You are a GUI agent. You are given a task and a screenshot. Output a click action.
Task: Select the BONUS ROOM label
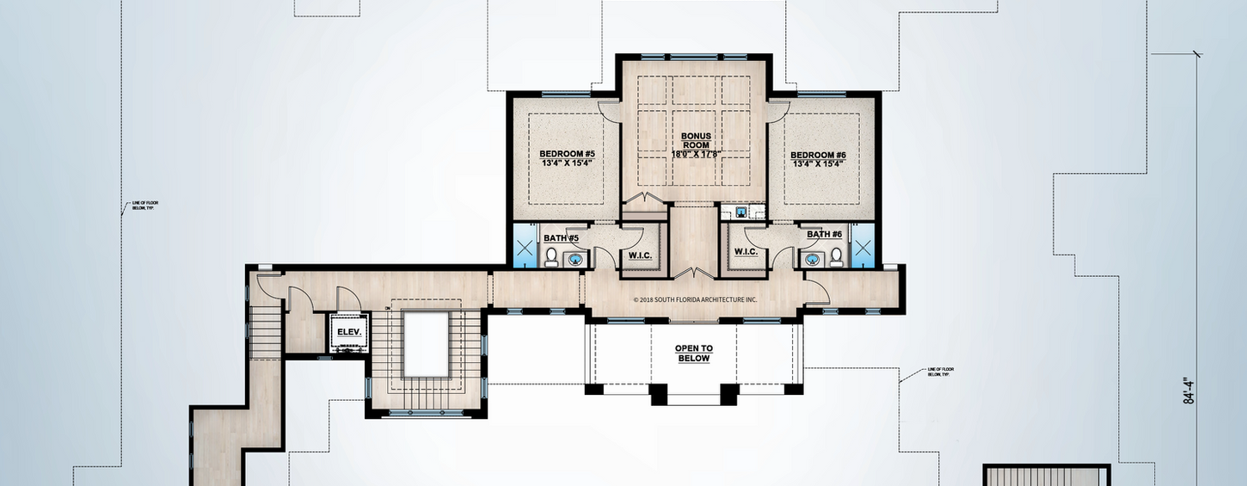[x=696, y=140]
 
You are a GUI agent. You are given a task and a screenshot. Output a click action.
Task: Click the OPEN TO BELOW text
[x=692, y=354]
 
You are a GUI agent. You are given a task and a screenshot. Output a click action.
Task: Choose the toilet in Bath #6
[x=834, y=255]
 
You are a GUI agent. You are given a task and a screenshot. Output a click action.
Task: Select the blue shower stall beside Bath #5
[x=525, y=247]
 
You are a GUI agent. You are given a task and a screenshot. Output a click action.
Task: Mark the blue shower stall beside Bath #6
[x=862, y=247]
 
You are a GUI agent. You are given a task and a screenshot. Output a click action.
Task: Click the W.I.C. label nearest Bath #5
[x=639, y=255]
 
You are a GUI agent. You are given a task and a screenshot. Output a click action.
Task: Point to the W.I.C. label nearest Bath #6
[x=745, y=252]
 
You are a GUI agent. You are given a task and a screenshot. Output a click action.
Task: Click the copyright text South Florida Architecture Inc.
[x=695, y=300]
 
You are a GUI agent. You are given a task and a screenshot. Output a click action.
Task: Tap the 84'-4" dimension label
[x=1189, y=390]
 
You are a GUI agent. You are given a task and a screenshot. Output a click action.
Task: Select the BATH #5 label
[x=561, y=237]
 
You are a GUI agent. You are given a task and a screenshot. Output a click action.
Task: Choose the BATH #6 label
[x=824, y=234]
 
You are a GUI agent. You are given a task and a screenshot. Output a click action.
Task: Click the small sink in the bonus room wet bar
[x=739, y=212]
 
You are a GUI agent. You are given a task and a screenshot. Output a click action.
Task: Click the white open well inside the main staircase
[x=426, y=344]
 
